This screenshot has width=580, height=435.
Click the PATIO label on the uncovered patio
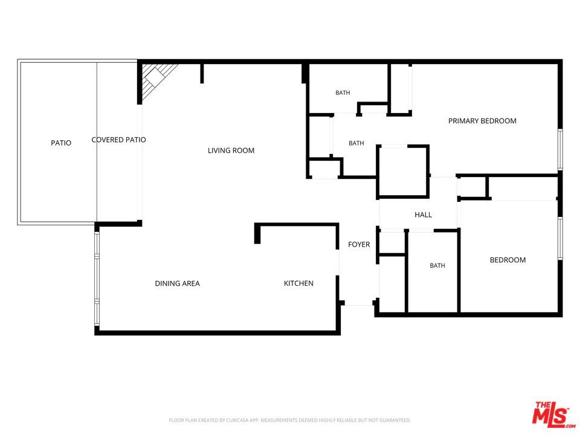61,143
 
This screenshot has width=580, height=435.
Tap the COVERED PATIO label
119,140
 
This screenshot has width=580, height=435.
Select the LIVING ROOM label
231,150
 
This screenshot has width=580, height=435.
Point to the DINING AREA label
177,283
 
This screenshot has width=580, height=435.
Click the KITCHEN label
298,283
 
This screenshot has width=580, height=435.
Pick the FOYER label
359,245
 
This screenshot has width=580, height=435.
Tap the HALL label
423,215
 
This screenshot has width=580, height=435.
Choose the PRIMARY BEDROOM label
482,121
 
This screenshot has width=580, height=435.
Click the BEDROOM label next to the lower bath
508,260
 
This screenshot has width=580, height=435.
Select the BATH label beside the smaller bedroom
437,266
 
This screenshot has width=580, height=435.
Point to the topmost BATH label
343,93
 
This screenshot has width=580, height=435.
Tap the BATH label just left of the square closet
356,143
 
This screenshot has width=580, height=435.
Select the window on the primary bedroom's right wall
561,149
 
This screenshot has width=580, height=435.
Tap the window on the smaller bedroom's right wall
561,238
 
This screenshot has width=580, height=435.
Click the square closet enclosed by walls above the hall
403,171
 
